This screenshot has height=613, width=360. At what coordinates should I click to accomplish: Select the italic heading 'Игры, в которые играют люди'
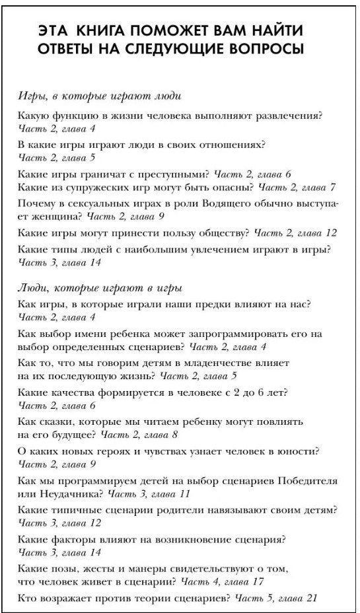(99, 96)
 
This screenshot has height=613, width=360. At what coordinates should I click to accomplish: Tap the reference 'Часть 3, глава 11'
(149, 493)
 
